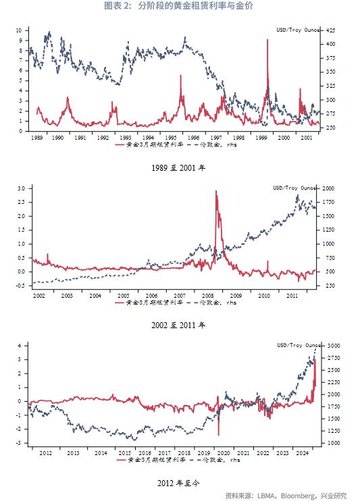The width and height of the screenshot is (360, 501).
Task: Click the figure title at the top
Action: click(179, 6)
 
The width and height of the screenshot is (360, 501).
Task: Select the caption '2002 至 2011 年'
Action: click(179, 325)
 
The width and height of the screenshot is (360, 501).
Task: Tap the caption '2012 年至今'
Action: click(179, 483)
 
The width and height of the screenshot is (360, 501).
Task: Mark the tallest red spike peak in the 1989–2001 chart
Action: click(268, 40)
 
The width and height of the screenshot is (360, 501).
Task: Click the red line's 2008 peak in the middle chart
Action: click(216, 191)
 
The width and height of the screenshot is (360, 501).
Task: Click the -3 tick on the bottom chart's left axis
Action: click(20, 443)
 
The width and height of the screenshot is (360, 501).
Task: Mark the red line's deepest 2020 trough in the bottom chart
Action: click(218, 435)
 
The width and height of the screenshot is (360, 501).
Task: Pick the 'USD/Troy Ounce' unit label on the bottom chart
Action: click(297, 345)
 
